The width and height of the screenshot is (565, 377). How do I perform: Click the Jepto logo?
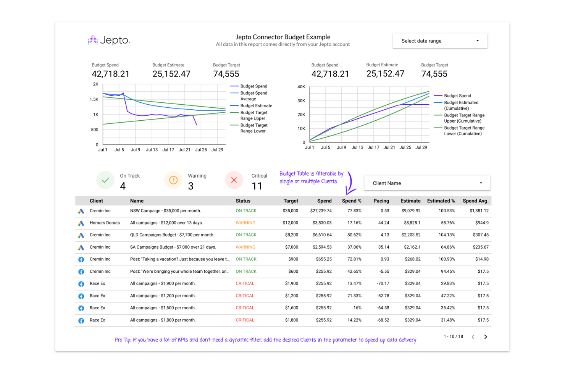click(109, 40)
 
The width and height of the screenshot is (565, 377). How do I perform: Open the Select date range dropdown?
click(440, 41)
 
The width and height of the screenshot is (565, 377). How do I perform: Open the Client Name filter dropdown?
click(427, 183)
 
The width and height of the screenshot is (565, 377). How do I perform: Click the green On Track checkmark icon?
click(105, 180)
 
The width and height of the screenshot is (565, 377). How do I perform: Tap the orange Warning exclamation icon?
click(173, 180)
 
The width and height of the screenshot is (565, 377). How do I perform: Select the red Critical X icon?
click(234, 180)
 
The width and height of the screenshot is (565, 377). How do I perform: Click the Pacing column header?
click(381, 201)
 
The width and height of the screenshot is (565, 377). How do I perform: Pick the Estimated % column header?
click(441, 201)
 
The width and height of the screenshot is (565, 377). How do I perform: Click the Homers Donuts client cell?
click(105, 223)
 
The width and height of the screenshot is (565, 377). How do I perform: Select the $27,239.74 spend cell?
click(321, 211)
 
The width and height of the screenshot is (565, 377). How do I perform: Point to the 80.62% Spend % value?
click(354, 235)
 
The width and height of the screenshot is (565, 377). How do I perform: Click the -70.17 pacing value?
click(383, 283)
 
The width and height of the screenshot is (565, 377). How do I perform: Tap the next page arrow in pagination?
click(485, 337)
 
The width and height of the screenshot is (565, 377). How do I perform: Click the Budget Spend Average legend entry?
click(253, 96)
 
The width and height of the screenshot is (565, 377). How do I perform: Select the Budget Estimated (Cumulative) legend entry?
click(461, 105)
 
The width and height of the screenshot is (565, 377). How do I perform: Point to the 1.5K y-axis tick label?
click(94, 99)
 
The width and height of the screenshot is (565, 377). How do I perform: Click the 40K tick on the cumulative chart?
click(301, 87)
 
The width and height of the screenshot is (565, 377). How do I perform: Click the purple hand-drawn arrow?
click(350, 184)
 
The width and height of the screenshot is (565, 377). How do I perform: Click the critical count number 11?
click(257, 186)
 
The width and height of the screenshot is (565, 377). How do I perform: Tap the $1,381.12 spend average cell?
click(479, 211)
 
